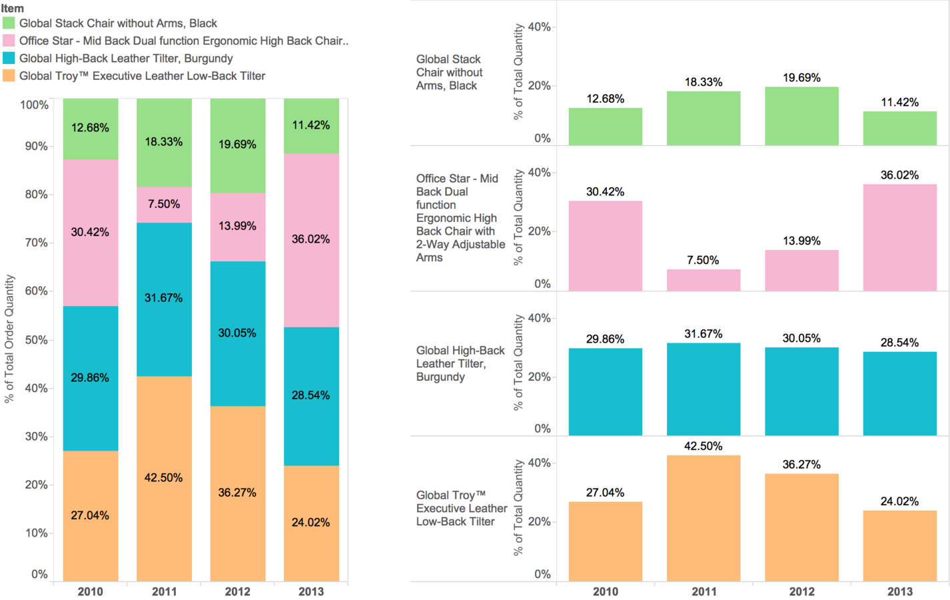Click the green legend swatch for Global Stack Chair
tap(9, 23)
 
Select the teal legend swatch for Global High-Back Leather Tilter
tap(9, 59)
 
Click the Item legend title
tap(13, 9)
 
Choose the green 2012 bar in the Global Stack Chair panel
tap(801, 116)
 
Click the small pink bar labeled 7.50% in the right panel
tap(704, 280)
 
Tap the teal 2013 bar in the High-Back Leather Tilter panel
tap(899, 393)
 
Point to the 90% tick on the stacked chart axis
tap(37, 147)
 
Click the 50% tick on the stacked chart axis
tap(37, 340)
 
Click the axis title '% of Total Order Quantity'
tap(9, 339)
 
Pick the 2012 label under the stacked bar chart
tap(237, 591)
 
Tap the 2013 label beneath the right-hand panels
tap(899, 591)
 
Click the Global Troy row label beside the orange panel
tap(461, 509)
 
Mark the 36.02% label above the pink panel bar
tap(899, 175)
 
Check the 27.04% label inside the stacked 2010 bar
tap(90, 515)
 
